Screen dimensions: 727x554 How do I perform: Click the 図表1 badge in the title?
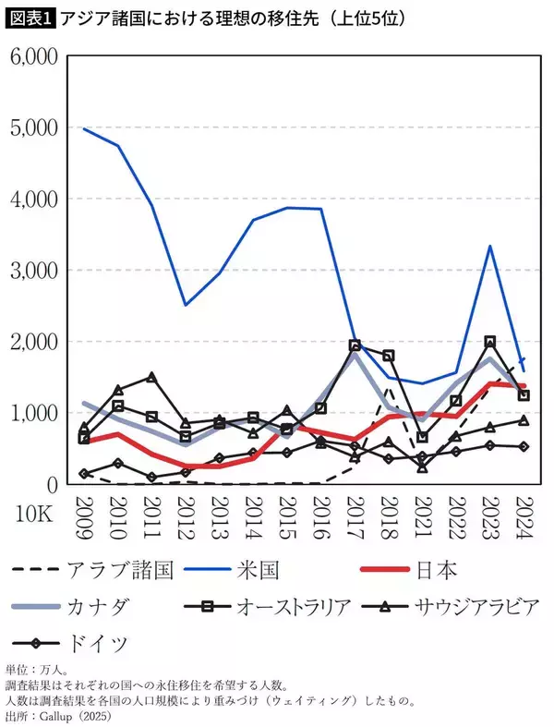click(x=30, y=18)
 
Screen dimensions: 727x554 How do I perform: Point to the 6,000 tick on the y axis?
click(x=33, y=56)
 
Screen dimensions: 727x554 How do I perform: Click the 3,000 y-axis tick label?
click(x=33, y=271)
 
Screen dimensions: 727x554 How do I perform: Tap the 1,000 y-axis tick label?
click(x=33, y=413)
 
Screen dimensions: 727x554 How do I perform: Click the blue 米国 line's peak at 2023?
click(x=489, y=246)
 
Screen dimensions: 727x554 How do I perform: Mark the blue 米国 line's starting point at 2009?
click(x=85, y=128)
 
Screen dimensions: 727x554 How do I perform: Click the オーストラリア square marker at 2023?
click(x=489, y=342)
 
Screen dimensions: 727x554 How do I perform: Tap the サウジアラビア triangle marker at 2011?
click(x=151, y=377)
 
